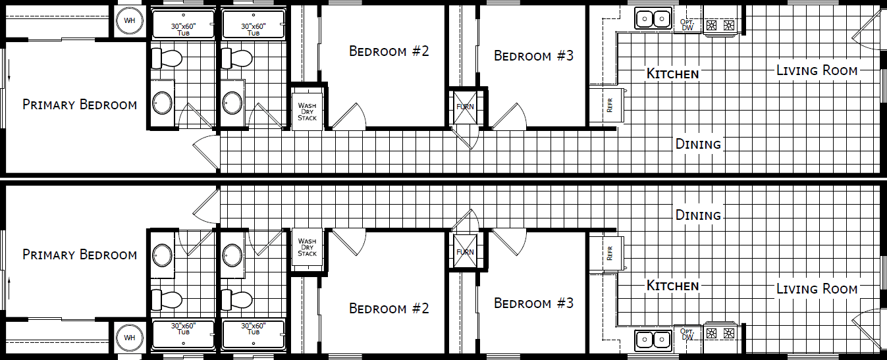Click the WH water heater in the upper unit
(x=130, y=21)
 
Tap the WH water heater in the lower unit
(x=130, y=338)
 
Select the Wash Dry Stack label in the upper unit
(x=308, y=111)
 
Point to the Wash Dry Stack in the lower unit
(x=308, y=247)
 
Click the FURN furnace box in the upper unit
(x=465, y=107)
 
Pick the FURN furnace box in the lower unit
(x=465, y=252)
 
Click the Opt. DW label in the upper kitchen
(x=687, y=24)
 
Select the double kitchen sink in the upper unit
(x=653, y=19)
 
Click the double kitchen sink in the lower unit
(x=653, y=340)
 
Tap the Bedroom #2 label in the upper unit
(x=389, y=51)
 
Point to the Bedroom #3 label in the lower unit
(x=533, y=303)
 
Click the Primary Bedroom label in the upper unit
(x=80, y=105)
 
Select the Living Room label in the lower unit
(x=817, y=288)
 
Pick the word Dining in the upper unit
(x=698, y=144)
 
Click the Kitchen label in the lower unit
(x=672, y=286)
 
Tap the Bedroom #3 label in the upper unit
(x=533, y=56)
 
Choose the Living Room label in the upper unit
(x=817, y=70)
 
